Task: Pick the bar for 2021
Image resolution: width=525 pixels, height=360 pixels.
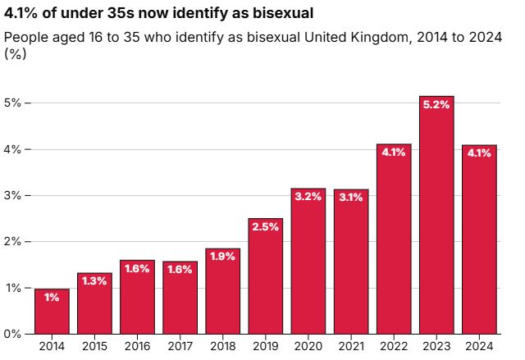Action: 351,262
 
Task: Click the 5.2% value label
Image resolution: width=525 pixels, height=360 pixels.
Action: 436,105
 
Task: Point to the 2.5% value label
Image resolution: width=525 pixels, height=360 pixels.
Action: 265,227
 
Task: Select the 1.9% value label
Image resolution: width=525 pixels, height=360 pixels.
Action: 222,257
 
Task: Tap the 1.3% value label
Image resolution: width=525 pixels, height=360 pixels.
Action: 94,281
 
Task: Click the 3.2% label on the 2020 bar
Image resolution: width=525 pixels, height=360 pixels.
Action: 308,197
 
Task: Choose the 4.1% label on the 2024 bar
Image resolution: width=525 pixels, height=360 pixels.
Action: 479,153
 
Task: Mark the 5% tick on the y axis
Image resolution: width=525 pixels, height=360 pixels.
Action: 14,103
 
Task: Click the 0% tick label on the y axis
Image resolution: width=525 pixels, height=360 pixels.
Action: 14,334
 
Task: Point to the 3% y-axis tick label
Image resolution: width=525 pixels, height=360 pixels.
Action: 14,196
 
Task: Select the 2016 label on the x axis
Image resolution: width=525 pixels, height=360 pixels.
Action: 137,348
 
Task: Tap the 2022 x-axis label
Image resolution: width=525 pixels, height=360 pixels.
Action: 394,348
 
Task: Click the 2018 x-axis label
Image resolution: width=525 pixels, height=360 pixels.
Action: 222,348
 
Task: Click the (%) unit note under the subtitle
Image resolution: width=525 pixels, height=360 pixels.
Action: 14,54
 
